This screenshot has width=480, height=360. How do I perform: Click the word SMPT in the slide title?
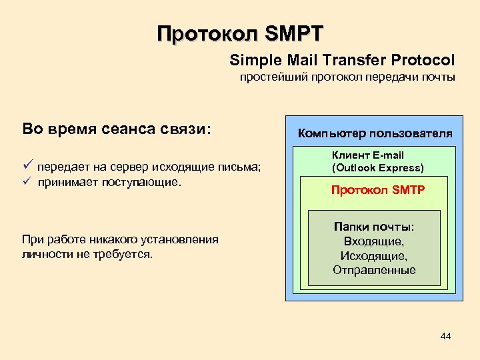[x=293, y=33]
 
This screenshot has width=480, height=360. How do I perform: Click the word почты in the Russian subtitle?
[x=439, y=77]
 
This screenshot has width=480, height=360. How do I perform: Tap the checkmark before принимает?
[x=27, y=181]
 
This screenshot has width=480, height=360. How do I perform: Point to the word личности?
[x=45, y=254]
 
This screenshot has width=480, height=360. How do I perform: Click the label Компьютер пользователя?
[x=375, y=133]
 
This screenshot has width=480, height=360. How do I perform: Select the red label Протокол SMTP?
[x=378, y=190]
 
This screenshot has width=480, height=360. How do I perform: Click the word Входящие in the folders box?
[x=373, y=241]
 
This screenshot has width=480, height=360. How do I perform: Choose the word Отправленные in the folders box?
[x=374, y=270]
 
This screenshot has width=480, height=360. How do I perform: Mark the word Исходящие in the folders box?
[x=374, y=256]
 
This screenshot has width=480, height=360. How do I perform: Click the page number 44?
[x=445, y=336]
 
